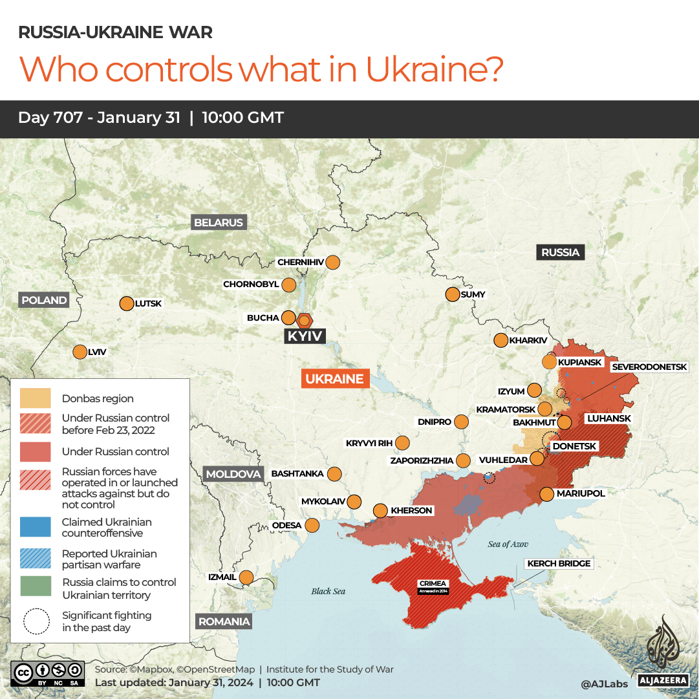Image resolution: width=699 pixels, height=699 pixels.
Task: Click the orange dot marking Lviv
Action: point(80,352)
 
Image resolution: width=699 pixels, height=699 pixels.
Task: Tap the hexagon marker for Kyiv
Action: point(305,320)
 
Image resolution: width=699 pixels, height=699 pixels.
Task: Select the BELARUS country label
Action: point(219,222)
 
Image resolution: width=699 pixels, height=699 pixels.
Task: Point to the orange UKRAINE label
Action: point(335,379)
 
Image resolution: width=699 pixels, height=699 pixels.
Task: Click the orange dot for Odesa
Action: point(312,525)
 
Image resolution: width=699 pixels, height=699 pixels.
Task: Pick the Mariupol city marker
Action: point(546,494)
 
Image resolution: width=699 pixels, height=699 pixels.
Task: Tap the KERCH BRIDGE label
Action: point(559,564)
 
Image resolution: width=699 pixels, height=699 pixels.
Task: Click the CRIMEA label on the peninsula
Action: point(432,584)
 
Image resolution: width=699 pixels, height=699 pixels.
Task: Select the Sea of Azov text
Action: point(508,544)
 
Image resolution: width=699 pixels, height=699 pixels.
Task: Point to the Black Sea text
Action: point(328,591)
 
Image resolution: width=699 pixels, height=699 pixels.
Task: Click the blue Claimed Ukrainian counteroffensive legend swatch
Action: point(36,527)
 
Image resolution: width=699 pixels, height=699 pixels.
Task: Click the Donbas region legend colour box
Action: point(36,398)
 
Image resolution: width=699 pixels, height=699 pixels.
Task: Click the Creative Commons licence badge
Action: point(47,674)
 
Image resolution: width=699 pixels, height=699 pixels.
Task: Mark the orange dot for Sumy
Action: point(452,295)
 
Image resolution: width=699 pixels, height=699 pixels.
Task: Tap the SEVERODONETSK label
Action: point(649,367)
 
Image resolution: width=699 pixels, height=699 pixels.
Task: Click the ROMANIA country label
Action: point(224,621)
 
